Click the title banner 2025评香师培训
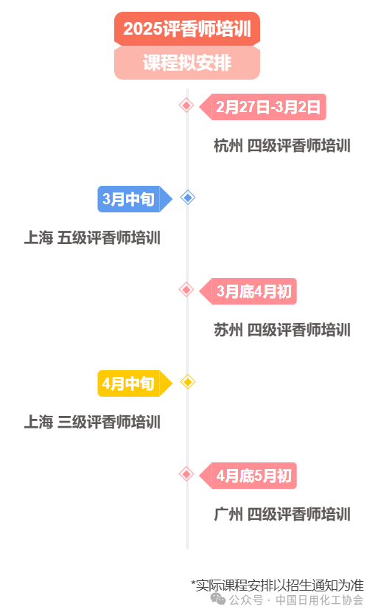(187, 29)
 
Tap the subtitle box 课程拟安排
(187, 63)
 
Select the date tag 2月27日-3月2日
(263, 107)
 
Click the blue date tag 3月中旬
(134, 199)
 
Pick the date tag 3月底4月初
(248, 291)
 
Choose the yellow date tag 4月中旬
(134, 383)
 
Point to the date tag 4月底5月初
(248, 476)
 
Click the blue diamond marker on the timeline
(188, 198)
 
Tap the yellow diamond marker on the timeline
(188, 382)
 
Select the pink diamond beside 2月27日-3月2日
(186, 105)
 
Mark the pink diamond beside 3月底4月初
(186, 290)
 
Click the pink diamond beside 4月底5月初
(186, 474)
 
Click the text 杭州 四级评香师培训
(282, 145)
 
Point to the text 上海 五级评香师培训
(93, 237)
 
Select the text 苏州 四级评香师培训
(282, 330)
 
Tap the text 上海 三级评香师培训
(93, 422)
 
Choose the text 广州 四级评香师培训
(282, 514)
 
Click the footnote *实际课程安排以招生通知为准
(278, 586)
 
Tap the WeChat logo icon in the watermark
(218, 599)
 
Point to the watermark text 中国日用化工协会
(319, 600)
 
